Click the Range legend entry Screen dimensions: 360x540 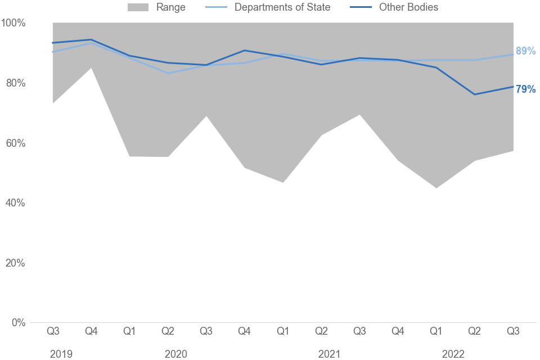pos(170,7)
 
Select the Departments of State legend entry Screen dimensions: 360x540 pos(282,7)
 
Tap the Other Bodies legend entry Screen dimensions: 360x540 pos(408,7)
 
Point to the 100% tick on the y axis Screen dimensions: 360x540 pos(13,23)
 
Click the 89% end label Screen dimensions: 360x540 pos(525,51)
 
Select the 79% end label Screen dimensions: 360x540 pos(525,89)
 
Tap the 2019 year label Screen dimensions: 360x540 pos(61,354)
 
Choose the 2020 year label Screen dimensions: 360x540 pos(176,354)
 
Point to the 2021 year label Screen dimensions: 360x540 pos(329,354)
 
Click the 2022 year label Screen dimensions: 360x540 pos(453,354)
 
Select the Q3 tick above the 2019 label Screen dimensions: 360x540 pos(53,331)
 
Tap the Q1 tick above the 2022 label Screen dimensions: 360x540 pos(436,331)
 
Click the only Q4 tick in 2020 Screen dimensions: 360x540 pos(244,331)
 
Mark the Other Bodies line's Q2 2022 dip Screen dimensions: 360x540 pos(475,94)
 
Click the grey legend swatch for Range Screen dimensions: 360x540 pos(138,7)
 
